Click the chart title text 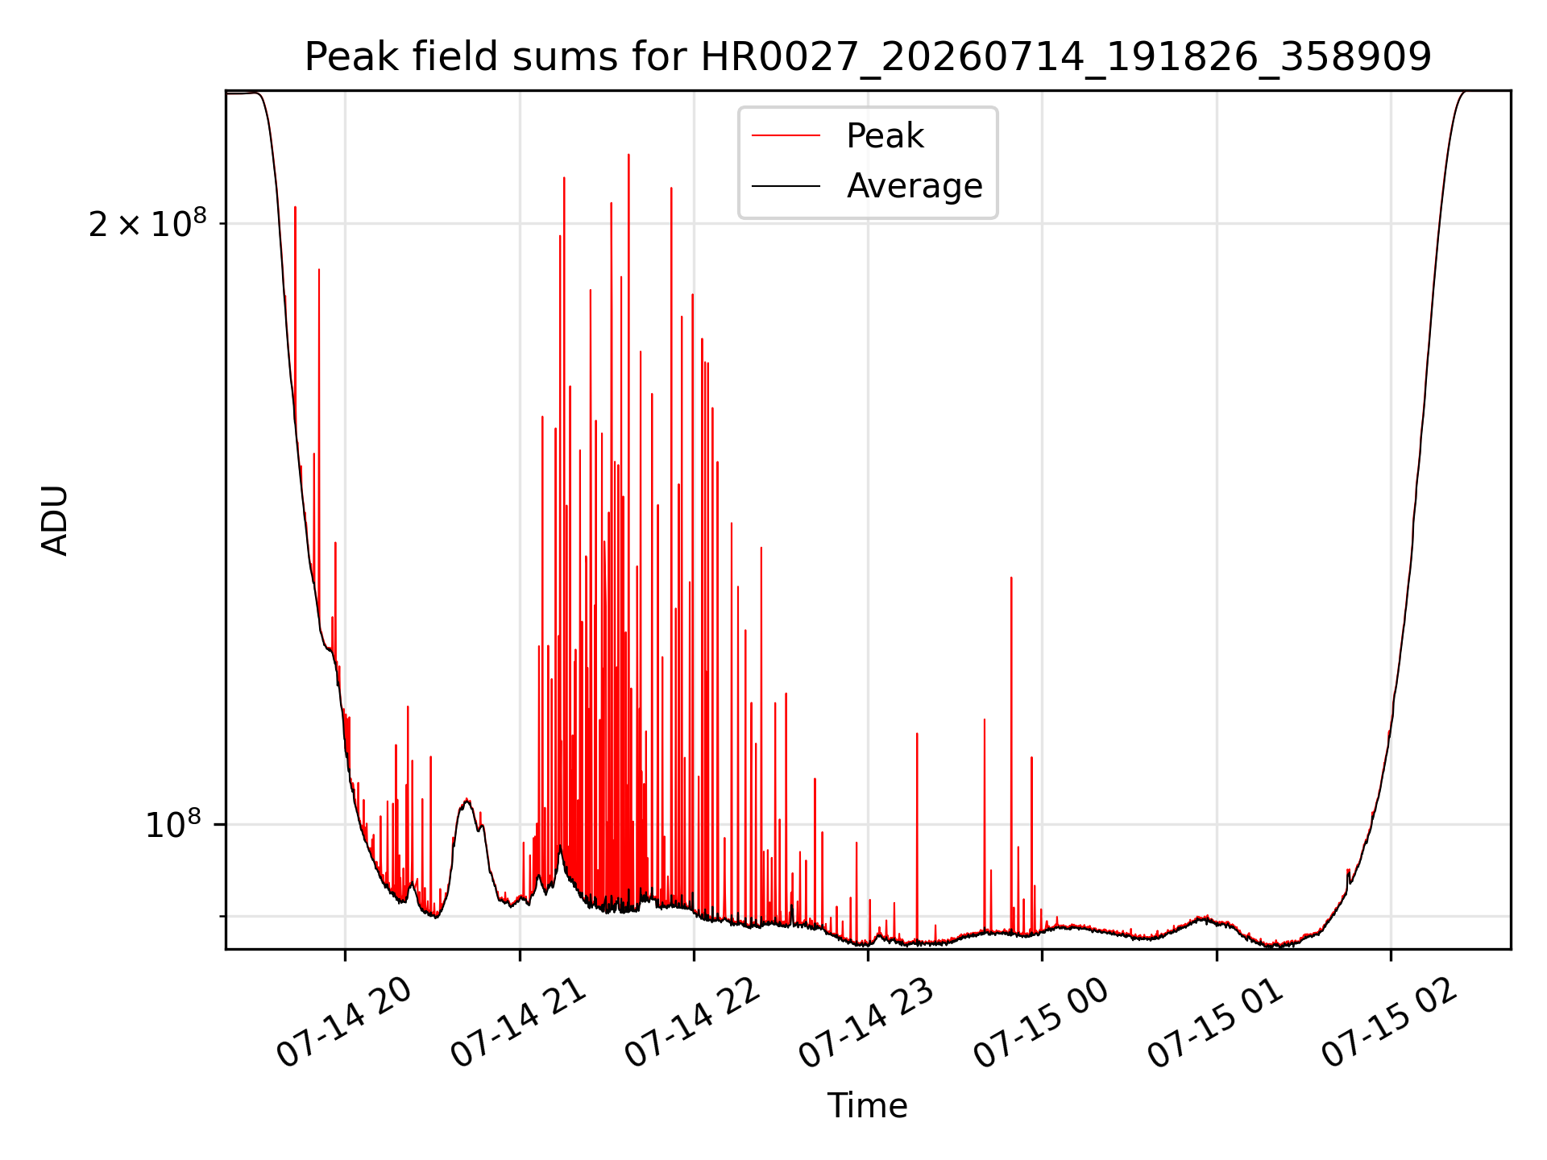click(x=868, y=57)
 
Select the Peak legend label click(x=885, y=136)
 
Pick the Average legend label click(x=915, y=186)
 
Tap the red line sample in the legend click(x=786, y=136)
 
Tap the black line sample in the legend click(x=786, y=186)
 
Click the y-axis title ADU click(x=55, y=520)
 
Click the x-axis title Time click(x=868, y=1105)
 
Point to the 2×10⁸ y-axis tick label click(x=147, y=222)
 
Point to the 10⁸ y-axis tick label click(x=172, y=824)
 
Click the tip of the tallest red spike click(x=628, y=154)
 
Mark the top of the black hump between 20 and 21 click(x=467, y=800)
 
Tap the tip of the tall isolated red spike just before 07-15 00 click(x=1011, y=578)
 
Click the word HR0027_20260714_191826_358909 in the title click(x=1066, y=58)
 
